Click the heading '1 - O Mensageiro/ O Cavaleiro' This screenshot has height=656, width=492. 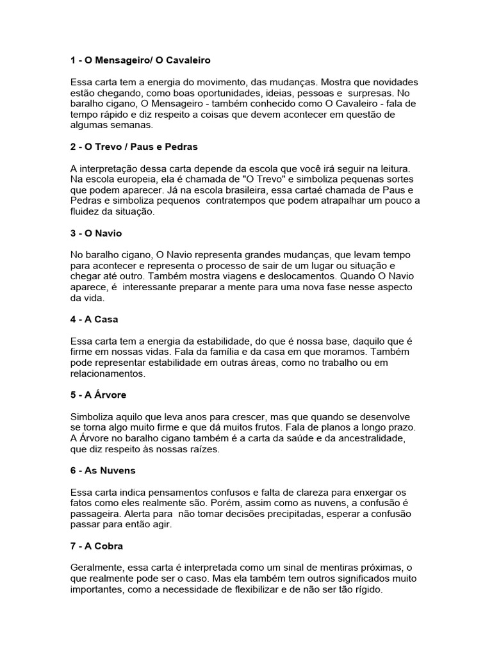(140, 60)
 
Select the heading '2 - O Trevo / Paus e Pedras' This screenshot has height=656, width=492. (134, 147)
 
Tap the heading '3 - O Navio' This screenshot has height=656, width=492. (96, 233)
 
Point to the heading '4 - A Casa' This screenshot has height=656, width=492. (94, 320)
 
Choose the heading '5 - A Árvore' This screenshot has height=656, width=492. (99, 395)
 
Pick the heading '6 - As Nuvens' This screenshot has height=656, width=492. (102, 471)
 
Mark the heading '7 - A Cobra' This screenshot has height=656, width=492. (97, 546)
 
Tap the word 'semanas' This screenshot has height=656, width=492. (134, 126)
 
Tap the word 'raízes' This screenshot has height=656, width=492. (201, 450)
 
